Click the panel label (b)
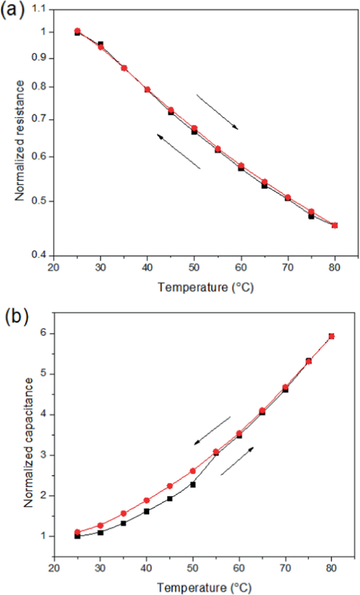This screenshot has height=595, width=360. (15, 317)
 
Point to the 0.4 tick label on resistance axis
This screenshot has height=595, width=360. (40, 255)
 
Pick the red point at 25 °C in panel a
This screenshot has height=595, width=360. (77, 31)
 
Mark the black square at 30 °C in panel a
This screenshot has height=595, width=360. (100, 44)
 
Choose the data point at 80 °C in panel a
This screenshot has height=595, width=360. (335, 225)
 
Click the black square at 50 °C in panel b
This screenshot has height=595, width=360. (193, 484)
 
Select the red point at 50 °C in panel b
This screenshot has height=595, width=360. (193, 471)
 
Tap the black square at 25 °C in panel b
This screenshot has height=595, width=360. (77, 536)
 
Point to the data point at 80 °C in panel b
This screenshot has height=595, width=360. (331, 336)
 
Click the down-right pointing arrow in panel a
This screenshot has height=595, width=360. (217, 111)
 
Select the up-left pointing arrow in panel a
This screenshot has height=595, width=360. (179, 151)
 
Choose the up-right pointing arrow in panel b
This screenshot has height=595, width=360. (237, 461)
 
